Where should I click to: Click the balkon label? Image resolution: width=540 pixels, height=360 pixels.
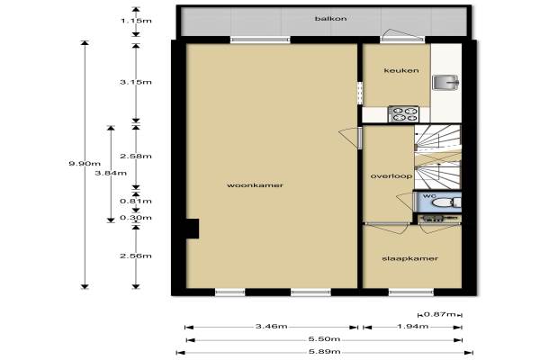click(x=330, y=19)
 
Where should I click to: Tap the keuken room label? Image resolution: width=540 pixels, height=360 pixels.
click(x=401, y=70)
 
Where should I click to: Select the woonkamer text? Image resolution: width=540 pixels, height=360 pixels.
click(x=256, y=185)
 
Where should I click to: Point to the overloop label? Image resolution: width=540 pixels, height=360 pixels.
click(x=391, y=176)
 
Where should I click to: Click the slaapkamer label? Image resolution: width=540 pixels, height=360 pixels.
click(x=410, y=258)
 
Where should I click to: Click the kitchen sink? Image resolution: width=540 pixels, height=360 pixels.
click(x=445, y=83)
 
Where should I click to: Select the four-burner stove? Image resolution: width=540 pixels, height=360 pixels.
click(x=403, y=114)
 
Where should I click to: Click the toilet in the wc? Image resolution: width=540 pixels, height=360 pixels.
click(x=446, y=202)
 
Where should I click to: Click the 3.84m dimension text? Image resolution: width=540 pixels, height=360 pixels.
click(x=111, y=173)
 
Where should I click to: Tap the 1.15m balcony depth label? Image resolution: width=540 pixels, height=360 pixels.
click(x=136, y=21)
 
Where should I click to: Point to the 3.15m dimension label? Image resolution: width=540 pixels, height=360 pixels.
click(x=136, y=82)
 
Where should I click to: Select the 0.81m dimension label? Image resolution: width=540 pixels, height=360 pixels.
click(x=136, y=201)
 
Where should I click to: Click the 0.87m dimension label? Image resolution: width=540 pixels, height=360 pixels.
click(x=440, y=314)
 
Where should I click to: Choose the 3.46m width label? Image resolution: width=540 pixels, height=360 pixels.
click(x=272, y=326)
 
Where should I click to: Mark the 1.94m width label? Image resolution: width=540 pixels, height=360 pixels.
click(x=413, y=326)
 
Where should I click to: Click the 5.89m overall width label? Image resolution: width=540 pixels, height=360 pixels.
click(x=324, y=352)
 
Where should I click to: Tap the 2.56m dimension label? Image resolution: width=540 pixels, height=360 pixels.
click(x=136, y=256)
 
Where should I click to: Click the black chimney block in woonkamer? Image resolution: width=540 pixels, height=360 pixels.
click(x=193, y=229)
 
